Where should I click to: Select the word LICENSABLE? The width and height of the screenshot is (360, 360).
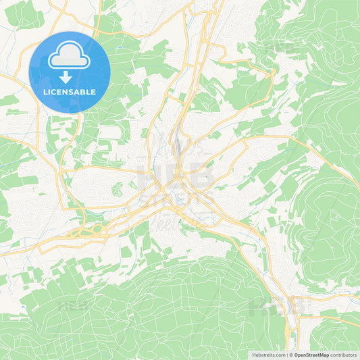[70, 92]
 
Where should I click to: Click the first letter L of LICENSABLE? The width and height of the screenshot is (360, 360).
[45, 92]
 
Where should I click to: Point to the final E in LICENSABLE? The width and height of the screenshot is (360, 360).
[94, 92]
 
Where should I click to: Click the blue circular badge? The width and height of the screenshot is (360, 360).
[70, 72]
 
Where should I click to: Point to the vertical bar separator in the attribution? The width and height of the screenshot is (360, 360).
[286, 355]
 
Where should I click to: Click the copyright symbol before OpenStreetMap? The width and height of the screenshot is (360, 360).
[290, 355]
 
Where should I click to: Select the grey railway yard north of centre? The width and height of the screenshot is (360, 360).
[177, 145]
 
